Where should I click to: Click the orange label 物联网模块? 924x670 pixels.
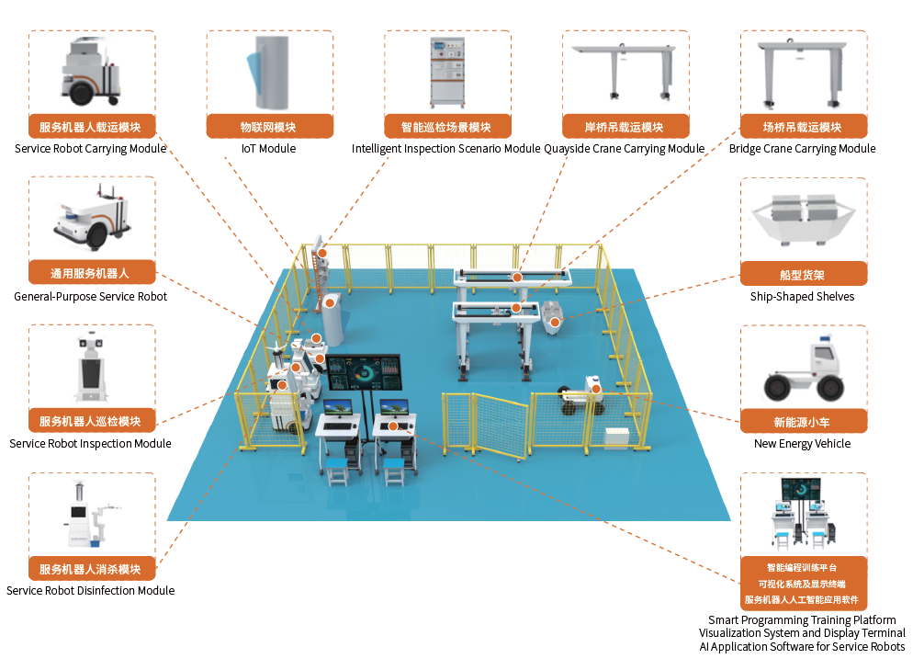tap(267, 127)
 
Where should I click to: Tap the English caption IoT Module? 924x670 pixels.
tap(267, 149)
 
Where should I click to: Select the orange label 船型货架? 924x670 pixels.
tap(803, 274)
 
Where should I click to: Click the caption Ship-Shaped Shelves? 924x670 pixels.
tap(803, 297)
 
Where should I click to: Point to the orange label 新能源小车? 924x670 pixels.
tap(803, 422)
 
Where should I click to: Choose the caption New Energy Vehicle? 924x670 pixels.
tap(803, 444)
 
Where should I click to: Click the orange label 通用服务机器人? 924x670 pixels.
tap(90, 274)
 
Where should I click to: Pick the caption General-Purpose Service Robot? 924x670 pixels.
tap(90, 297)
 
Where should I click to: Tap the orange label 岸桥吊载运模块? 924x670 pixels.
tap(625, 127)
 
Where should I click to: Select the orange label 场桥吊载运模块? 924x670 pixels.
tap(803, 127)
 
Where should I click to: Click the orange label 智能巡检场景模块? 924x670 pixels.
tap(446, 127)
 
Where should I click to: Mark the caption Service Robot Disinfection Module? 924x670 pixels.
tap(90, 591)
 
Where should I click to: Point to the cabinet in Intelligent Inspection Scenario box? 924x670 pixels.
tap(446, 72)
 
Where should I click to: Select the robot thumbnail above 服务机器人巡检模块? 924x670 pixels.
tap(90, 367)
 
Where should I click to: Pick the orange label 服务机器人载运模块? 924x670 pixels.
tap(90, 127)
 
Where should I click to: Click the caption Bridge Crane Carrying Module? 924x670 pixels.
tap(803, 149)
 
